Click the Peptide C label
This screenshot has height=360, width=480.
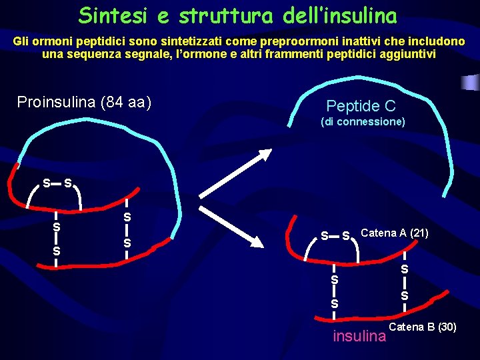pyautogui.click(x=361, y=106)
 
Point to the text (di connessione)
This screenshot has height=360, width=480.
pyautogui.click(x=363, y=122)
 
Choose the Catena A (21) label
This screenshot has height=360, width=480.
pyautogui.click(x=395, y=233)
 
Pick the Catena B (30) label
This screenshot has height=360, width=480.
pyautogui.click(x=423, y=327)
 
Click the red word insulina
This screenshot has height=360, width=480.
pyautogui.click(x=359, y=336)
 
